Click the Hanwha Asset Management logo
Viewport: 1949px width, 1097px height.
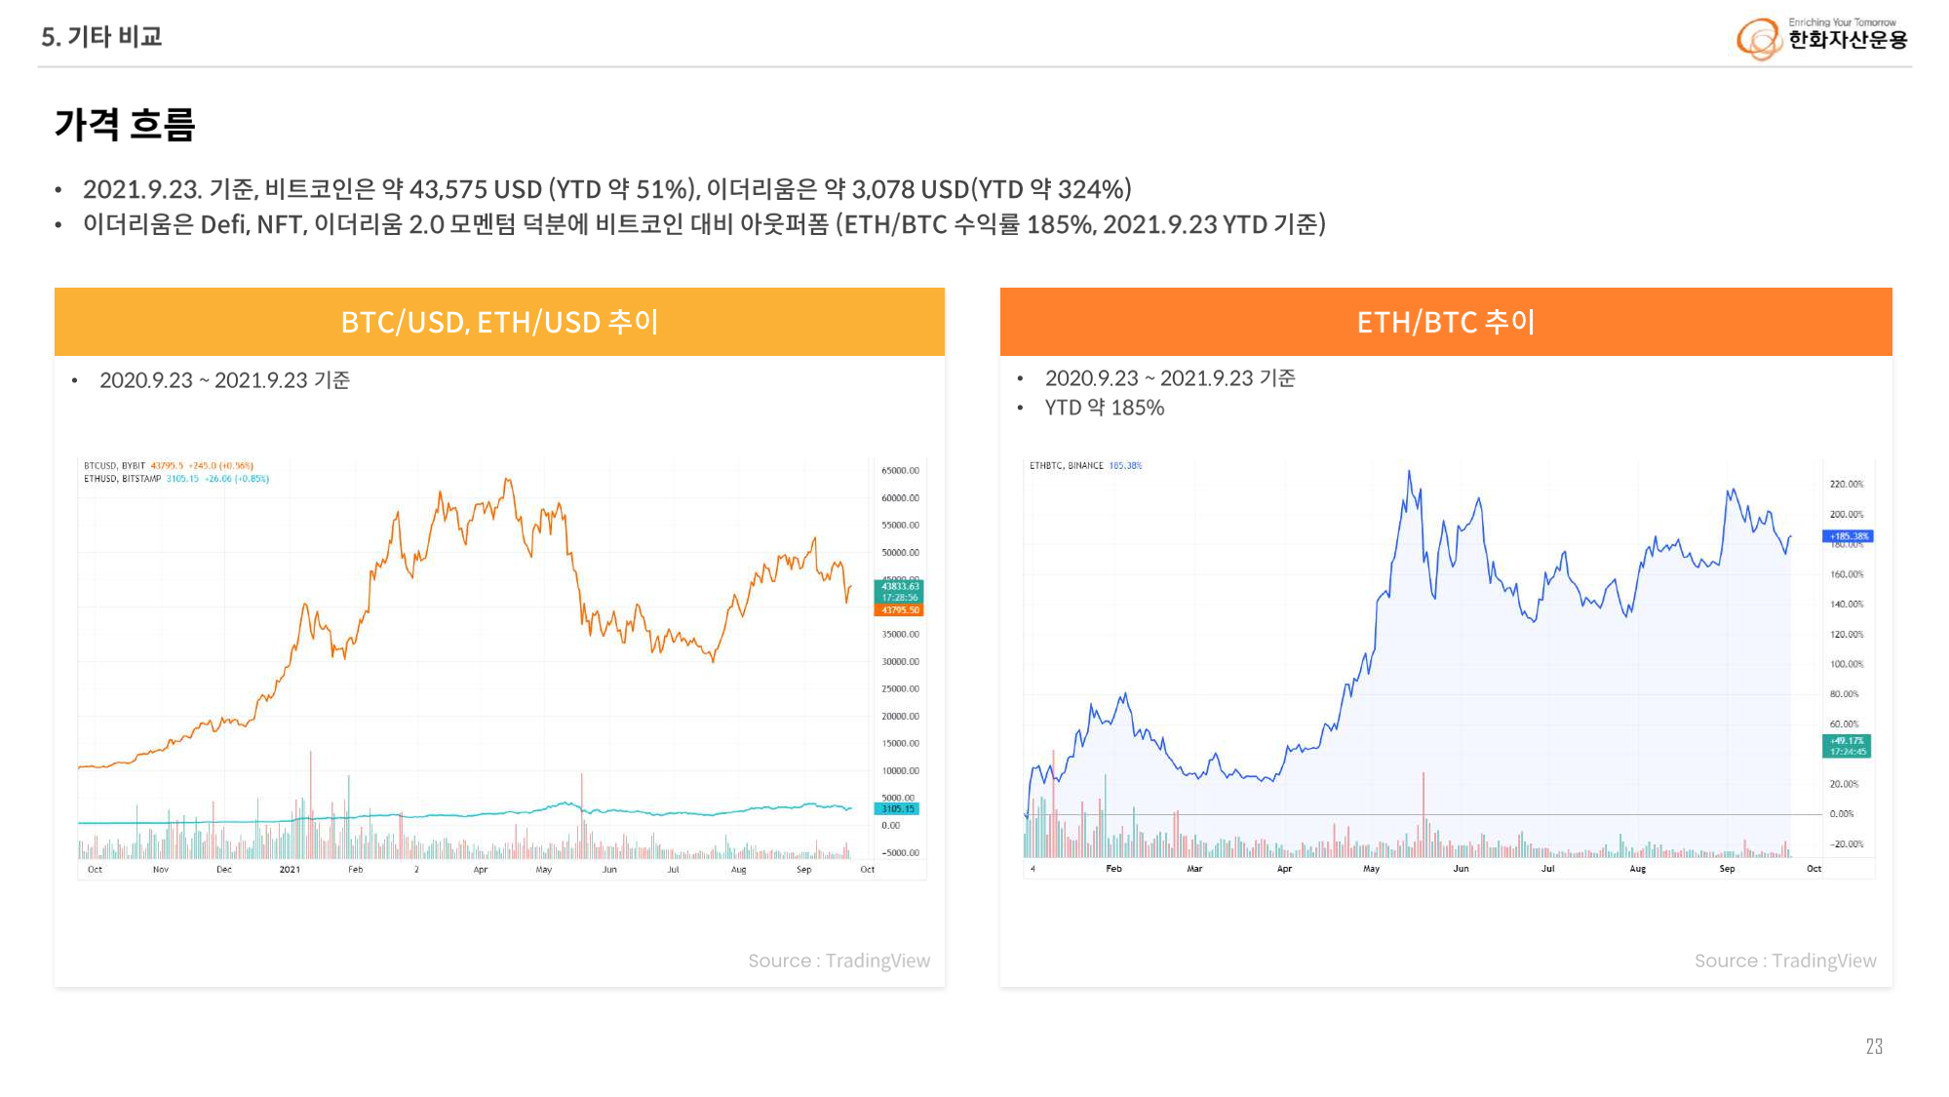1820,37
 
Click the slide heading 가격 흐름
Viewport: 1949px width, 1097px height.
125,125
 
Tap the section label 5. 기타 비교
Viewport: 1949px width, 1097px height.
101,37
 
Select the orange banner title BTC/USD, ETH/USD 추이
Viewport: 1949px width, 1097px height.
499,322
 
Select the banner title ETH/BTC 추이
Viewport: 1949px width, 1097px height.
1445,322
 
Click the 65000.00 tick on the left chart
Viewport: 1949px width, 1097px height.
900,471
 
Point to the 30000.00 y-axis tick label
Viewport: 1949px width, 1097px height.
900,662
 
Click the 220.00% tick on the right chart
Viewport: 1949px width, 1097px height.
1846,485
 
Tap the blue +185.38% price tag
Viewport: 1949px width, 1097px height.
1848,536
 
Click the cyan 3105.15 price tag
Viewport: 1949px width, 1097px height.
898,809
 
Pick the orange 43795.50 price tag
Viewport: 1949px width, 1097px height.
900,610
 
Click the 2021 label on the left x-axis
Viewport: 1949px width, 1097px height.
290,870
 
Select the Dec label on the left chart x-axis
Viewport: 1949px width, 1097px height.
224,870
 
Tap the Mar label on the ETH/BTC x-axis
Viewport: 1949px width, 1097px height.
1194,869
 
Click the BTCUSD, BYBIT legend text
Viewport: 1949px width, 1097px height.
114,466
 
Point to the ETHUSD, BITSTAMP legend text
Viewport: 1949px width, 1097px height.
122,479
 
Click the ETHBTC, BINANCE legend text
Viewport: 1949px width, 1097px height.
1067,466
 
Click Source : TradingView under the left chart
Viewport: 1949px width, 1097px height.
838,961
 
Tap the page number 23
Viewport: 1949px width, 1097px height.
1874,1046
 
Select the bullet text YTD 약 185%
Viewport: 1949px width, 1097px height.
1105,408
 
